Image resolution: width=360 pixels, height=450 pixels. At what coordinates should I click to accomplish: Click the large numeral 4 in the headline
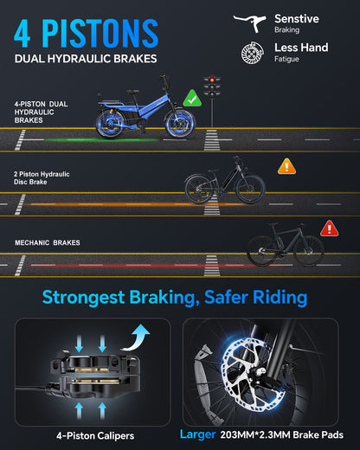22,33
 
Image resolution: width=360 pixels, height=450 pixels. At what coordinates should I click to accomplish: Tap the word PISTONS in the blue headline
100,33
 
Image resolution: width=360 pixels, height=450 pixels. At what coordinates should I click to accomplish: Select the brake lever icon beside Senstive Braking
249,22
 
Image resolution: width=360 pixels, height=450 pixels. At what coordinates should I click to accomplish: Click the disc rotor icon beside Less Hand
253,53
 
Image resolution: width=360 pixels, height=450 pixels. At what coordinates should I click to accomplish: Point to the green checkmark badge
192,99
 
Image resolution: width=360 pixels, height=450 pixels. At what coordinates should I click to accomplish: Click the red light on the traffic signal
212,80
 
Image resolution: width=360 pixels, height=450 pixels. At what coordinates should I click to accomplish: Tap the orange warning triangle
286,166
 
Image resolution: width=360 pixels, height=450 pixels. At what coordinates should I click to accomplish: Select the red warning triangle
330,228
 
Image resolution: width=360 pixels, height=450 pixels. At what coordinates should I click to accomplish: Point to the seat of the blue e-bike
132,92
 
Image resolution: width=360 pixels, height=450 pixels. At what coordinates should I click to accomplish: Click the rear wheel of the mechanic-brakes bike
262,251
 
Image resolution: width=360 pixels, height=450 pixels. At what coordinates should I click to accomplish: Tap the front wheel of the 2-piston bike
250,188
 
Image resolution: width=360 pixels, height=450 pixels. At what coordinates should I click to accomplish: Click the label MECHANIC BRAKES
48,242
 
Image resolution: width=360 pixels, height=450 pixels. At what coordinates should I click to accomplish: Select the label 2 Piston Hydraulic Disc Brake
42,178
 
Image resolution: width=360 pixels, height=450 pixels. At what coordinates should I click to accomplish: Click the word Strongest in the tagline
84,298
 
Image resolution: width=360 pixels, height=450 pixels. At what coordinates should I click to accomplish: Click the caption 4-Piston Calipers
95,435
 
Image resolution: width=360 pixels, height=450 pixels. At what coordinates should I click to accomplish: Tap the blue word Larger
198,434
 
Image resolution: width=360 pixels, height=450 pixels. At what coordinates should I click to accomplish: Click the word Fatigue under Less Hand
286,59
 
